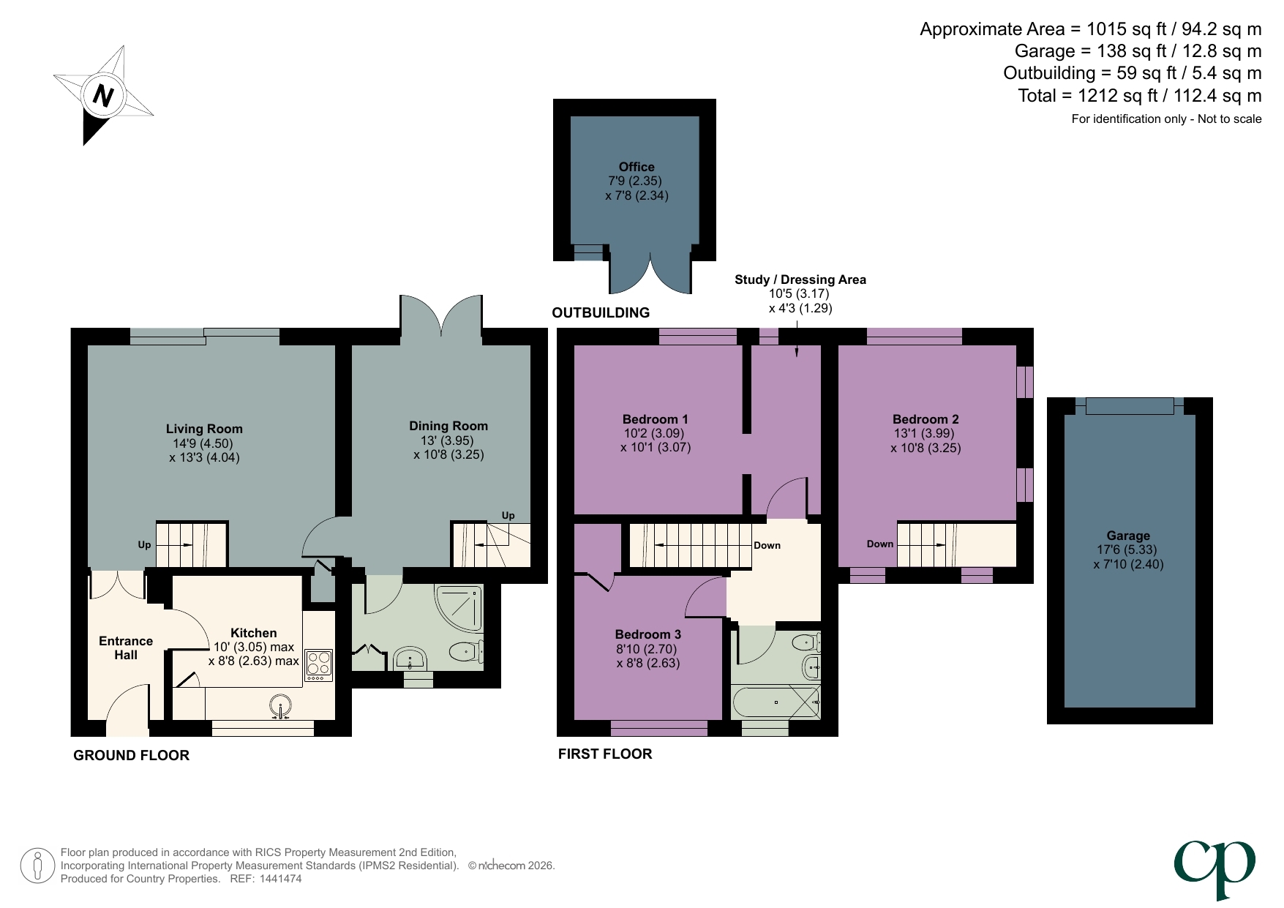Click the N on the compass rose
[x=104, y=96]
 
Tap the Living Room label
[x=203, y=429]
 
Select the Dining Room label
[x=448, y=426]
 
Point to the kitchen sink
[x=280, y=708]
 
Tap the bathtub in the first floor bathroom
[x=776, y=702]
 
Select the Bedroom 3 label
[x=647, y=634]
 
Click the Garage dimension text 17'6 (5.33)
[x=1127, y=549]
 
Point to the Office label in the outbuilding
[x=636, y=167]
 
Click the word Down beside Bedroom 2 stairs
[x=880, y=544]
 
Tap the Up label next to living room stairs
[x=144, y=545]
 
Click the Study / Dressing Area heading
[x=800, y=279]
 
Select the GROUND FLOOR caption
[x=131, y=755]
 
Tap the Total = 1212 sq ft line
[x=1139, y=96]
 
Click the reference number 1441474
[x=277, y=879]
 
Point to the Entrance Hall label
[x=126, y=648]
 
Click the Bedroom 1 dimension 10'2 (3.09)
[x=654, y=433]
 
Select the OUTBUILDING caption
[x=600, y=312]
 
